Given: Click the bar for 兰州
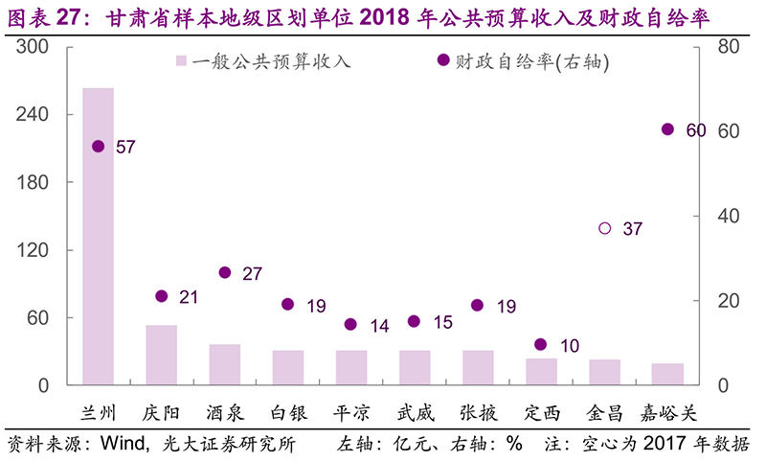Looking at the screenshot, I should pyautogui.click(x=98, y=237).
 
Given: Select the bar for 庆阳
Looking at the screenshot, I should pyautogui.click(x=161, y=356).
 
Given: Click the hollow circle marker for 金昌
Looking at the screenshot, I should pyautogui.click(x=604, y=228).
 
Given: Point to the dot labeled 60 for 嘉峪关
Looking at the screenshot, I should pyautogui.click(x=667, y=129).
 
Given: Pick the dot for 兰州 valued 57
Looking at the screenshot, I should pyautogui.click(x=98, y=146).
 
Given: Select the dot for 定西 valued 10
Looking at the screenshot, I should pyautogui.click(x=540, y=344).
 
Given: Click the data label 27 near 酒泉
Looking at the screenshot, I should pyautogui.click(x=252, y=274).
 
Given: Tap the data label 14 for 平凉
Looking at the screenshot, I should pyautogui.click(x=378, y=327).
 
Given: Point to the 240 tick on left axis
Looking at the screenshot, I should pyautogui.click(x=36, y=114).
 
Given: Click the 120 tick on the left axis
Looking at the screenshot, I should pyautogui.click(x=36, y=250).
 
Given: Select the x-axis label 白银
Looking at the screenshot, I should pyautogui.click(x=287, y=413).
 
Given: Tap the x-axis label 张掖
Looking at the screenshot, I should pyautogui.click(x=478, y=413).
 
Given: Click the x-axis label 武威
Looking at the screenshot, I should pyautogui.click(x=415, y=413).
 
